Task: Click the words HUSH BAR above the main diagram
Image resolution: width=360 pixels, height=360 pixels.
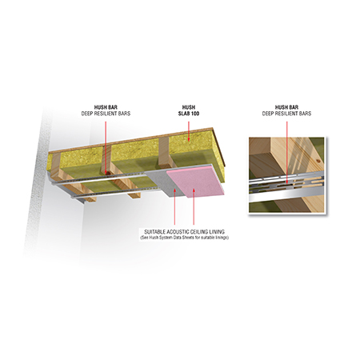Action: coord(106,107)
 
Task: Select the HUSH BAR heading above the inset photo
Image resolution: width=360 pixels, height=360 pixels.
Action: coord(286,107)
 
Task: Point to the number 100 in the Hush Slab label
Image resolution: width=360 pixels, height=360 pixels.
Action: coord(195,114)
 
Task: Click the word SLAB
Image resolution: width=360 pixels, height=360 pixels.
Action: coord(184,114)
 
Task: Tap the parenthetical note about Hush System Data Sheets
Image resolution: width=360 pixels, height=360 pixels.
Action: coord(184,238)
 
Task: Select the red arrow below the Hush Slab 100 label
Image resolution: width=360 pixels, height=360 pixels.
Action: coord(189,130)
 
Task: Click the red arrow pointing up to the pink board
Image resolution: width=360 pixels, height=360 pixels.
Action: coord(194,206)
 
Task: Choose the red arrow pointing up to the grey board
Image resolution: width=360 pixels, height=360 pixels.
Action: coord(174,206)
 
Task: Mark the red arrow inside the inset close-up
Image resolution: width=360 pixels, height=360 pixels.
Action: coord(286,153)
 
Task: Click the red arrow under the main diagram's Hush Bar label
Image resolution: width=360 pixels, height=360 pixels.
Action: coord(106,147)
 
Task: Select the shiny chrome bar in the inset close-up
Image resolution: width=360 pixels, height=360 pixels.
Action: coord(286,198)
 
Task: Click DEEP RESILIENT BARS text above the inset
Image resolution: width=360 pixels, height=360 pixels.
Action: coord(286,114)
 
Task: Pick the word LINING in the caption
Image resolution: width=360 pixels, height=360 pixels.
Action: coord(216,232)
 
